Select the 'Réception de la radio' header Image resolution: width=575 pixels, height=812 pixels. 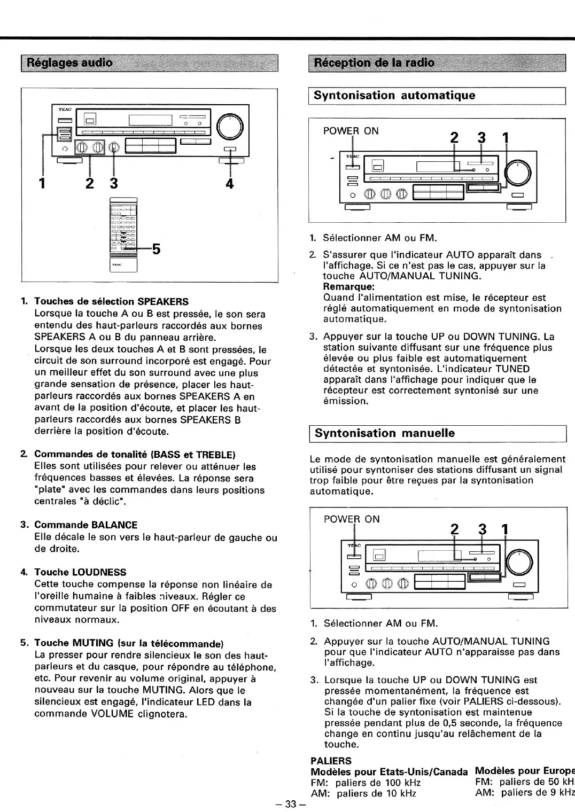tap(374, 63)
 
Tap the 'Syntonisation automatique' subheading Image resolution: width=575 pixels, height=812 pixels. tap(394, 96)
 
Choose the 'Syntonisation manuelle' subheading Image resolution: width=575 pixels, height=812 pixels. tap(385, 433)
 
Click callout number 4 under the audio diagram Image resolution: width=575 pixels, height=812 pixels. tap(229, 183)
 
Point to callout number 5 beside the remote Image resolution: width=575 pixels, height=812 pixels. tap(156, 249)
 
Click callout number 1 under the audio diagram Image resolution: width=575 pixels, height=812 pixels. tap(41, 183)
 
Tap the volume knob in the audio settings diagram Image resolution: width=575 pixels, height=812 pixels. tap(230, 127)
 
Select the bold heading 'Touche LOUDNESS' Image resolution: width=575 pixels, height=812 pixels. tap(80, 572)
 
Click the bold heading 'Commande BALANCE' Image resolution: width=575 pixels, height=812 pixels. tap(86, 525)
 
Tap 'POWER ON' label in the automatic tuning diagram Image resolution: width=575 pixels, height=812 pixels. tap(351, 131)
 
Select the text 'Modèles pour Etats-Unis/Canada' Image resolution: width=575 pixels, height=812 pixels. tap(389, 772)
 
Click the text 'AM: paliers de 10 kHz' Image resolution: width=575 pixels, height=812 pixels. tap(363, 794)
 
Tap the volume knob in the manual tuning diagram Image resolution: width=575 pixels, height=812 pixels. tap(519, 561)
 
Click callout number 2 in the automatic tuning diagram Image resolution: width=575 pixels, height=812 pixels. tap(454, 138)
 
